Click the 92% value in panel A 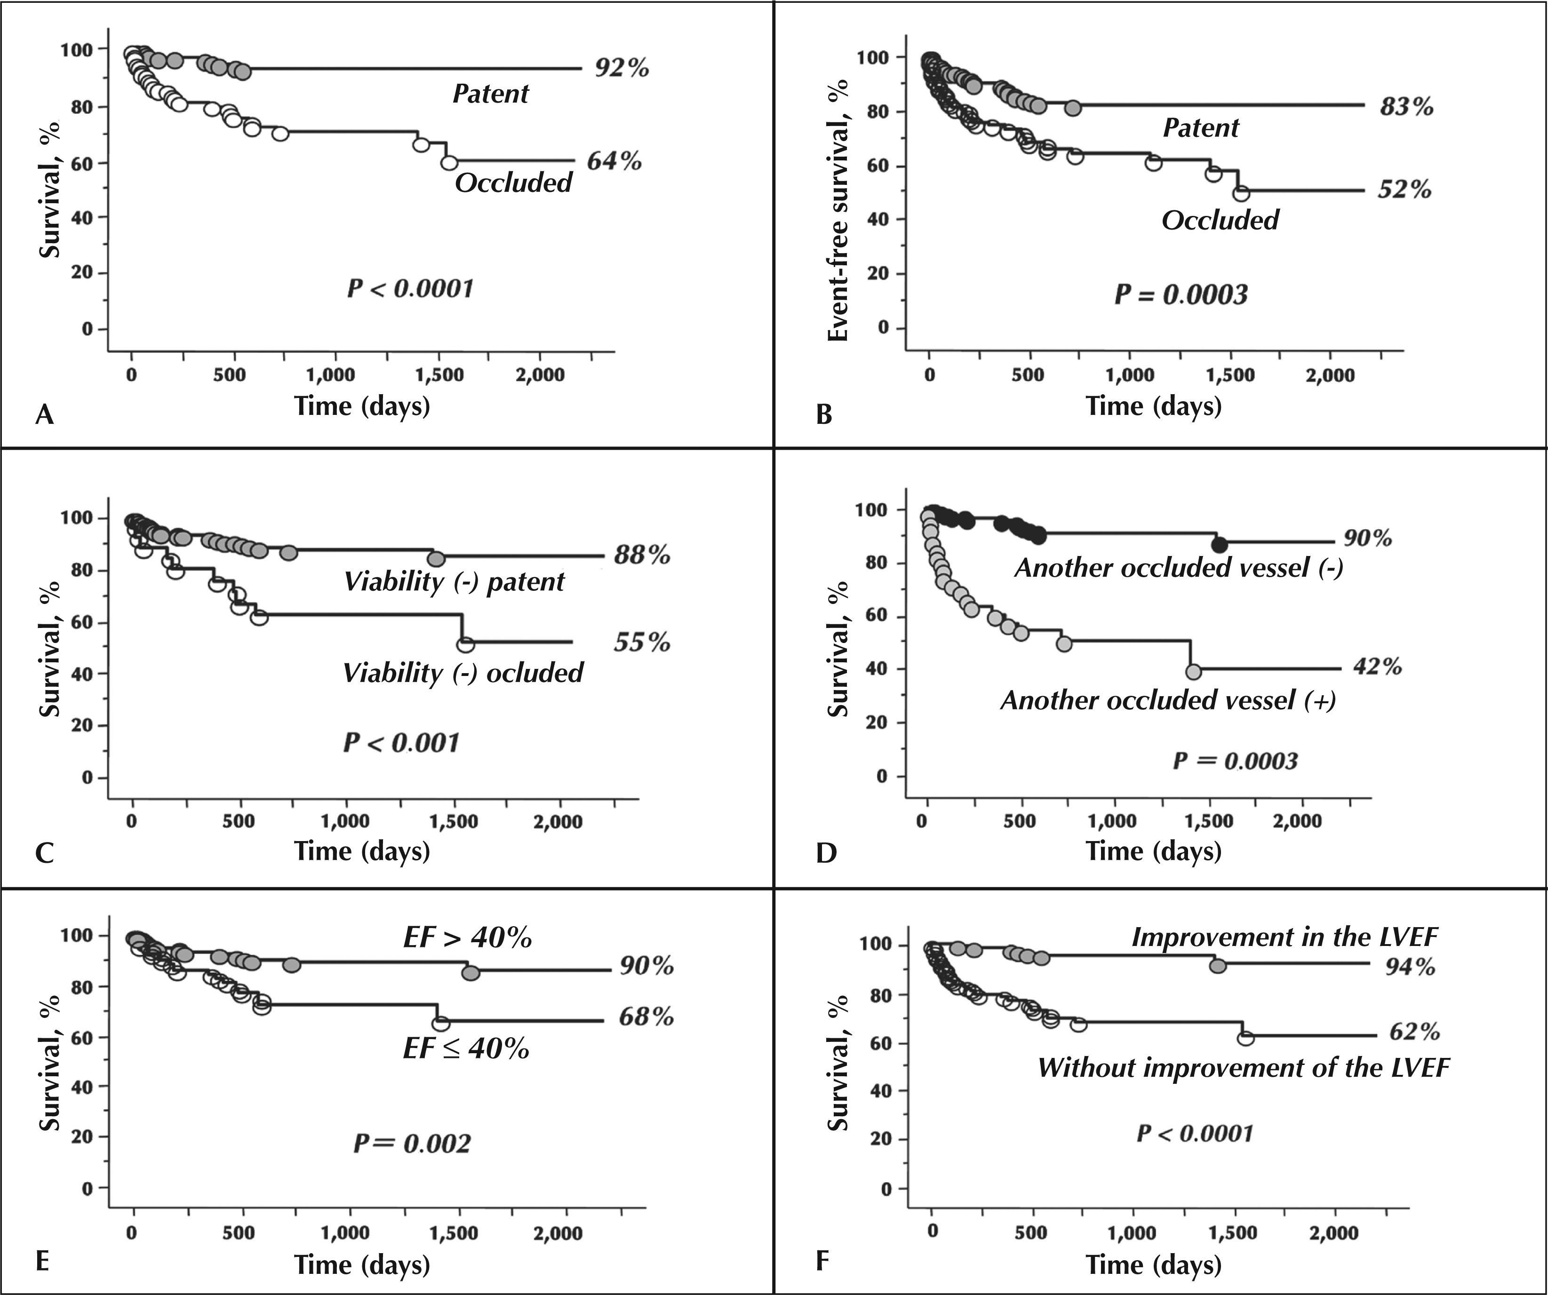[622, 68]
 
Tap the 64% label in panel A [614, 161]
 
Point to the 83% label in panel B [1406, 107]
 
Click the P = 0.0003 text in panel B [1180, 295]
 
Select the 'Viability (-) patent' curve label [454, 581]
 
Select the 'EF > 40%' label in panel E [467, 937]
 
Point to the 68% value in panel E [646, 1017]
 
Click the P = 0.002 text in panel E [411, 1143]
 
